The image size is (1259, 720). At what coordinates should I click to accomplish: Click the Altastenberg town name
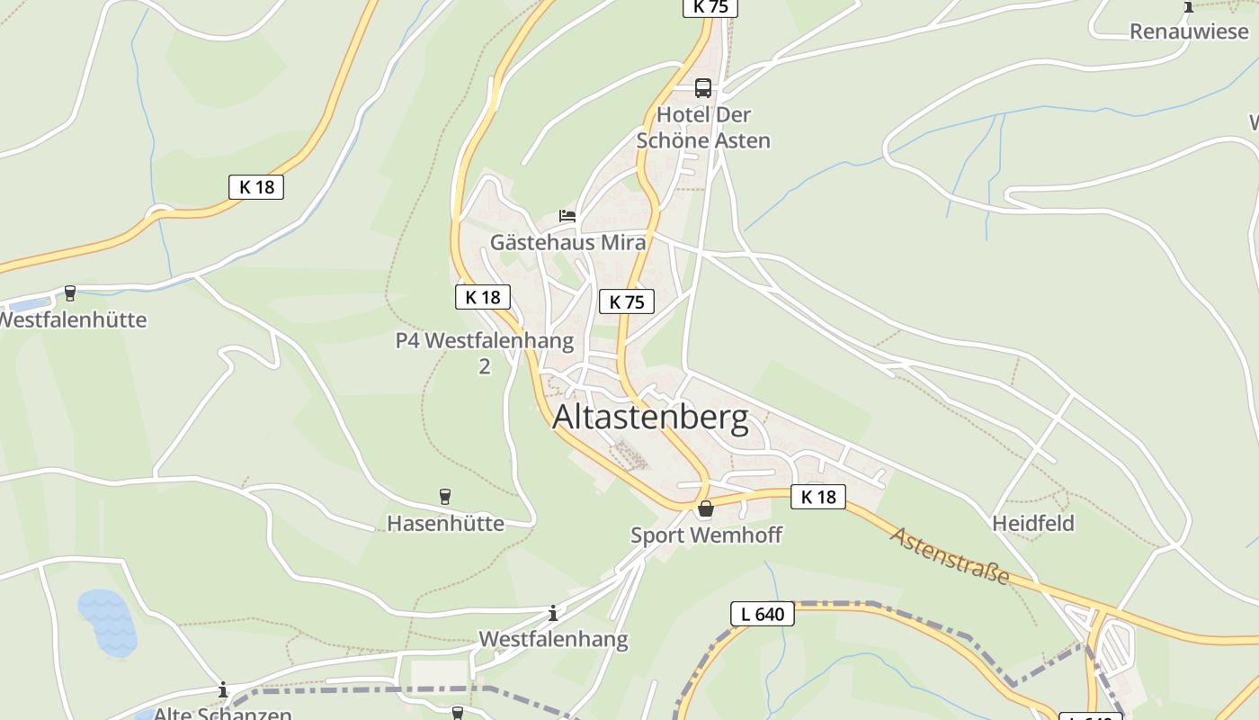click(650, 418)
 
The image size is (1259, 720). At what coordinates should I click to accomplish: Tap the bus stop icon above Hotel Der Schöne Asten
click(703, 88)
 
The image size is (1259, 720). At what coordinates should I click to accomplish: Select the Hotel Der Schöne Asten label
click(703, 128)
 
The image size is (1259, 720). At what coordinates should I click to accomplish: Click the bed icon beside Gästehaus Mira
click(567, 216)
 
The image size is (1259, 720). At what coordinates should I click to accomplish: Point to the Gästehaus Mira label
click(567, 242)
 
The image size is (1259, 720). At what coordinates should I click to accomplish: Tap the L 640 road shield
click(763, 615)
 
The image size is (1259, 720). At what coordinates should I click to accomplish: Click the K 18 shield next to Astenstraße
click(818, 497)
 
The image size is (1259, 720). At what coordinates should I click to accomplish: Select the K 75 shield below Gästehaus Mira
click(627, 301)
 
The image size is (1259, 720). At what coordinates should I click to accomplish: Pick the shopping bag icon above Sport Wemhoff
click(706, 509)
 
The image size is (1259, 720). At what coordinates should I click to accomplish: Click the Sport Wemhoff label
click(706, 535)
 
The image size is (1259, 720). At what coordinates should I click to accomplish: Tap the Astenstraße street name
click(950, 555)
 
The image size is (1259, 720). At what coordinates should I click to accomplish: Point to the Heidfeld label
click(1033, 523)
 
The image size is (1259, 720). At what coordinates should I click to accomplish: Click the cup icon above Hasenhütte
click(444, 496)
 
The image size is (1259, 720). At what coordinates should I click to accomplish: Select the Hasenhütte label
click(445, 523)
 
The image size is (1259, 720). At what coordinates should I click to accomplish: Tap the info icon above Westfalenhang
click(553, 614)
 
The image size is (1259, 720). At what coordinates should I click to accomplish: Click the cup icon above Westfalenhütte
click(70, 293)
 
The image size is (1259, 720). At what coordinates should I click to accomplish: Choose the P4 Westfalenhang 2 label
click(485, 353)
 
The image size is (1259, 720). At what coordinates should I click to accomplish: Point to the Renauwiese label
click(1189, 31)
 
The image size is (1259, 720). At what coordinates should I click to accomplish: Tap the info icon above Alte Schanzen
click(223, 690)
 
